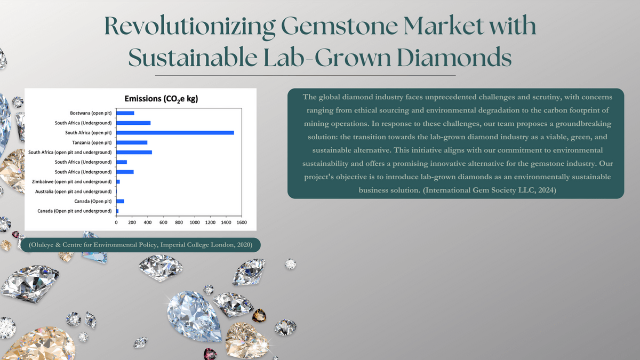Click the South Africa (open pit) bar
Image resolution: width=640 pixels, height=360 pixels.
(175, 133)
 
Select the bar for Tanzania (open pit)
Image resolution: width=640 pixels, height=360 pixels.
(132, 142)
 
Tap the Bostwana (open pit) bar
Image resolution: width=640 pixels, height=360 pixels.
(125, 113)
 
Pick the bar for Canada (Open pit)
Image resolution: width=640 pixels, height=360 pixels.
(120, 201)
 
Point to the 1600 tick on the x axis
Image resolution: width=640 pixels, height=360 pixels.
(242, 222)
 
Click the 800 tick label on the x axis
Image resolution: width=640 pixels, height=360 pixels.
(179, 222)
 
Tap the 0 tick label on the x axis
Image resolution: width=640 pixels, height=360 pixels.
(116, 222)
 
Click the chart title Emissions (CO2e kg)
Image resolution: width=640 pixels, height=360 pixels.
(161, 99)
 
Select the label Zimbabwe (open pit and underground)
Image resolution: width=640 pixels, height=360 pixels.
(71, 182)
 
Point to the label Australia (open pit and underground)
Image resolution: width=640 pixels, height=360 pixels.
(74, 191)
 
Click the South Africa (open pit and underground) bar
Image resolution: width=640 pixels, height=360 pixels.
(134, 153)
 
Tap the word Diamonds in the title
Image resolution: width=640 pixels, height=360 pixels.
(454, 57)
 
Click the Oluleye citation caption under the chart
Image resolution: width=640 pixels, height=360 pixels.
(141, 245)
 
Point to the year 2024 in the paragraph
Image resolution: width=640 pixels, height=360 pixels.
(546, 190)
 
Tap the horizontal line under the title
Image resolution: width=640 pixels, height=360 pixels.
(305, 75)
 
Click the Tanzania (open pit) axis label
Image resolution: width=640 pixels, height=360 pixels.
(92, 142)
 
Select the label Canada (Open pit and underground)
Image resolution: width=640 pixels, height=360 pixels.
(75, 211)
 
